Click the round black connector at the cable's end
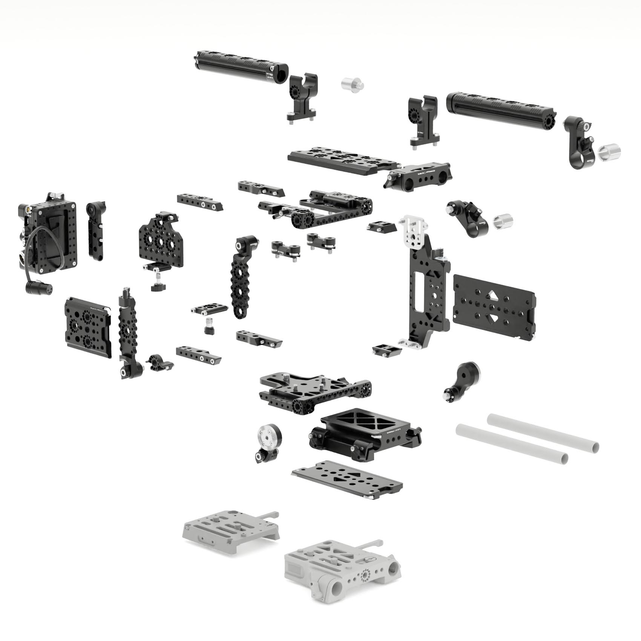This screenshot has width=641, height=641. click(38, 288)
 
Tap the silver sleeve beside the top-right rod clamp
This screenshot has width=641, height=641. click(609, 152)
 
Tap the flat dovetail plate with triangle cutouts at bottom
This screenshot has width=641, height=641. click(347, 480)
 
